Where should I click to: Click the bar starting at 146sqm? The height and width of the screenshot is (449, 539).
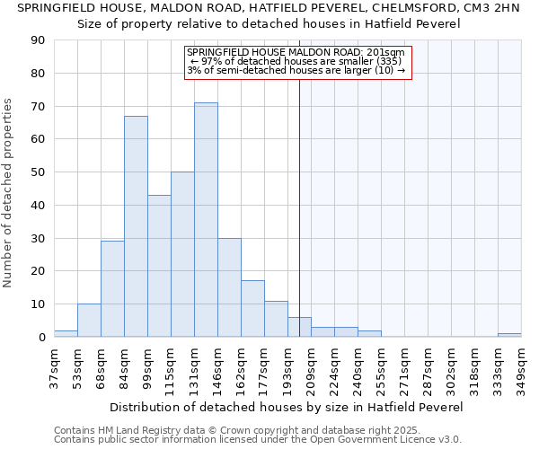tap(229, 287)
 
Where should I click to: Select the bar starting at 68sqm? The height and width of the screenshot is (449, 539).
tap(112, 289)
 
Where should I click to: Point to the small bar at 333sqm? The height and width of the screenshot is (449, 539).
tap(509, 335)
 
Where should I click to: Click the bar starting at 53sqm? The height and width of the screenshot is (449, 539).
tap(89, 321)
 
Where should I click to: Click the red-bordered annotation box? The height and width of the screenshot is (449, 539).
tap(298, 62)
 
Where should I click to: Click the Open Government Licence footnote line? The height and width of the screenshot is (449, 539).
tap(258, 439)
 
